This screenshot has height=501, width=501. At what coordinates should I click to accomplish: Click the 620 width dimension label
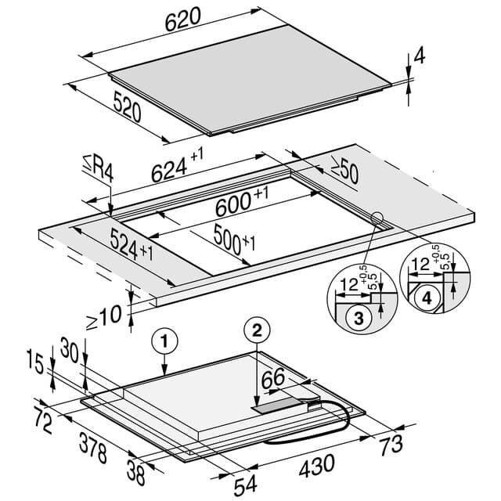tap(182, 20)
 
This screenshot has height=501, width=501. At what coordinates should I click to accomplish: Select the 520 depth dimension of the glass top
tap(128, 106)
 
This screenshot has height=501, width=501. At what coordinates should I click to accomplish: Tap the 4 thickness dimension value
tap(420, 55)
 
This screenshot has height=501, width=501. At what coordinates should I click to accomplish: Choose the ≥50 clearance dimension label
tap(344, 170)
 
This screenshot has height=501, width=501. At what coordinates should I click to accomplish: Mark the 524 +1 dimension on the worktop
tap(132, 244)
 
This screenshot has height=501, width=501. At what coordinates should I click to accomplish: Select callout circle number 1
tap(164, 341)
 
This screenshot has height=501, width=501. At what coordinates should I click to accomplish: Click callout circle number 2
tap(257, 330)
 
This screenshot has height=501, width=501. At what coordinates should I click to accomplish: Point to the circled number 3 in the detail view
tap(359, 318)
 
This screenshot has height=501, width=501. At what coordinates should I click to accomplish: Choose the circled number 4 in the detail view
tap(427, 298)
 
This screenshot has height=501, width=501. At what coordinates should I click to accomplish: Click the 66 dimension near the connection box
tap(273, 378)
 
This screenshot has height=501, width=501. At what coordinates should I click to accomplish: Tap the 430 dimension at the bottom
tap(317, 466)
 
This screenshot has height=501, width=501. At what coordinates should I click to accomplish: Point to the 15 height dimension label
tap(35, 361)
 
